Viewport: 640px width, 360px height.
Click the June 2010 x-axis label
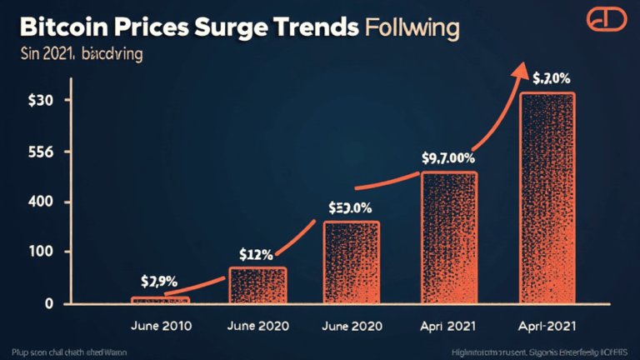[x=159, y=326]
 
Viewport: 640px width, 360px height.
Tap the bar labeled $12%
[x=257, y=284]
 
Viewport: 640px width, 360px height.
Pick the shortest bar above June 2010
[x=161, y=299]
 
